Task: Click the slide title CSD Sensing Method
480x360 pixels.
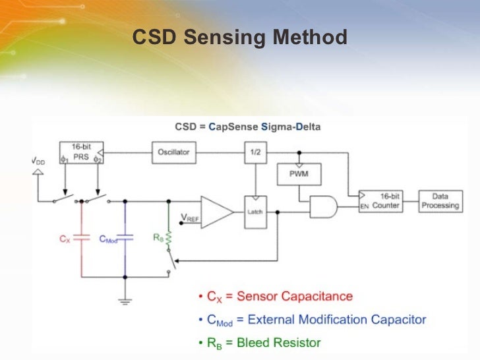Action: click(239, 38)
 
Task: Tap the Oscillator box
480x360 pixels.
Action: click(173, 152)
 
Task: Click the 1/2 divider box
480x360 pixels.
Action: click(254, 152)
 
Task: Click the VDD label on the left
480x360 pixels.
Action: click(39, 161)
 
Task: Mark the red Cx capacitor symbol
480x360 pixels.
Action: click(81, 239)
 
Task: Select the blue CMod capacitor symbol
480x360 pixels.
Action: click(125, 239)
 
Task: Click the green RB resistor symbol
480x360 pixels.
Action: click(169, 238)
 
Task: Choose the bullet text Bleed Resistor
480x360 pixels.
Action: click(280, 342)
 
